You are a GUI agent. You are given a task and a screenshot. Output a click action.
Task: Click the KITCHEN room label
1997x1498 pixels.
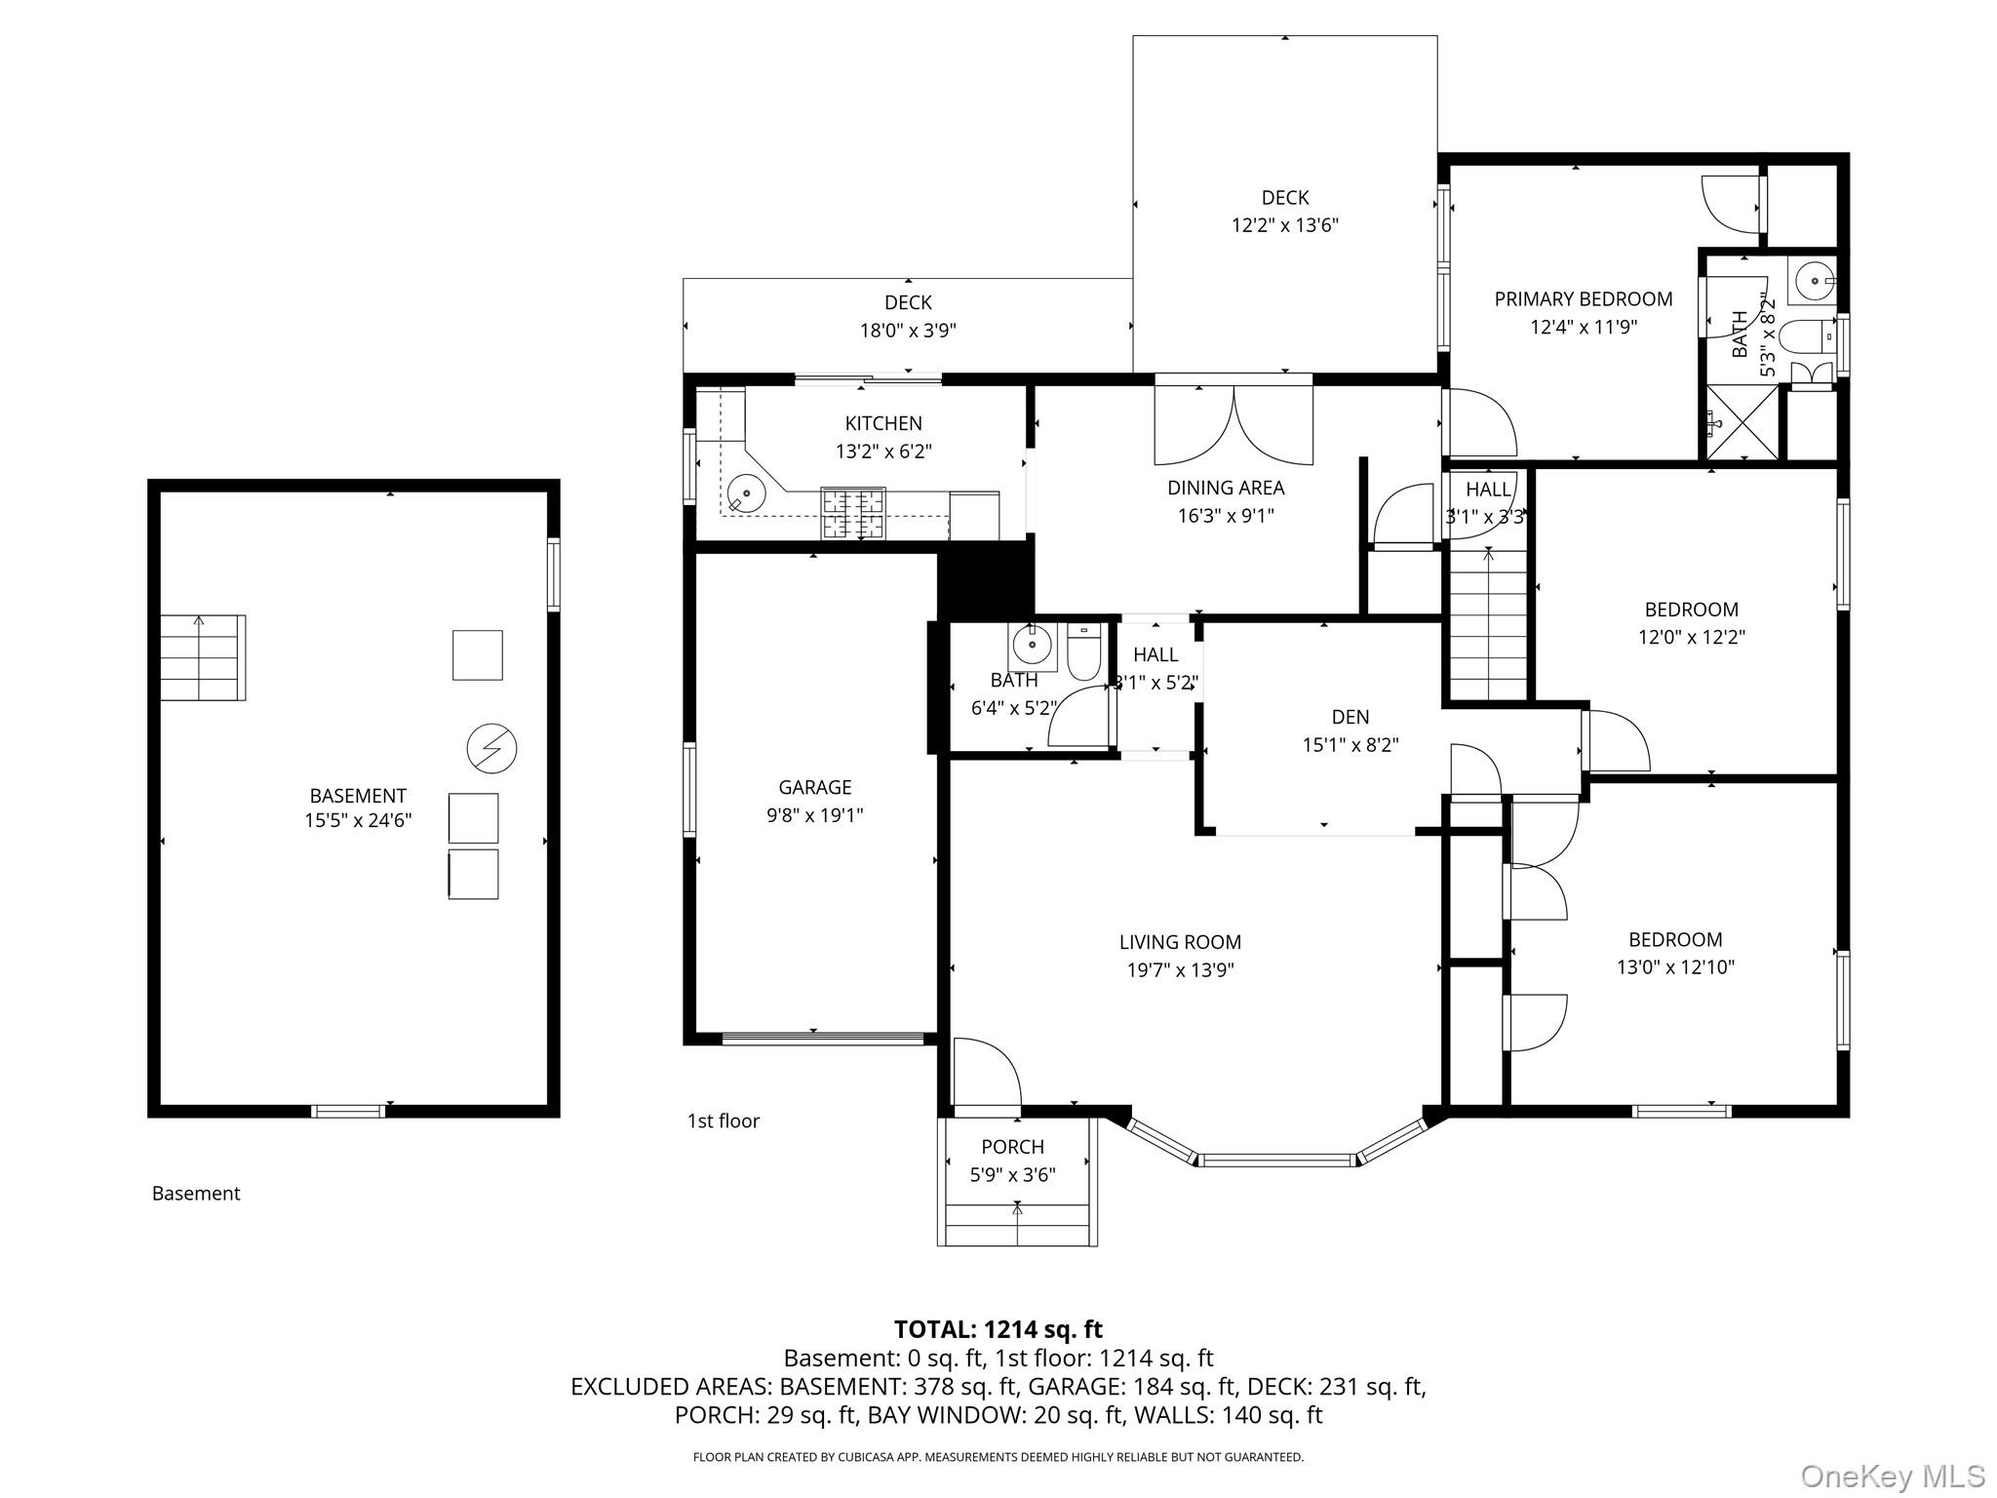882,423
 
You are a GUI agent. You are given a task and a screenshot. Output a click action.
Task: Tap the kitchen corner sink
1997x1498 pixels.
745,493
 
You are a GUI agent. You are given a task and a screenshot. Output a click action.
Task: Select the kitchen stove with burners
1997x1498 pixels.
853,513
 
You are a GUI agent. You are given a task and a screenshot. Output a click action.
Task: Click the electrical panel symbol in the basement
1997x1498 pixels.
491,749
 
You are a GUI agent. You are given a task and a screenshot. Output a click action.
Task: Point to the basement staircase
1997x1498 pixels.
203,657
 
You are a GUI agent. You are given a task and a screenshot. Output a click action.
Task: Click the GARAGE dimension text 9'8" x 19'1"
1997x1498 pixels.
814,815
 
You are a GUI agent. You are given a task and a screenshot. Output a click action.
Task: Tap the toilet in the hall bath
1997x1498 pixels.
1083,650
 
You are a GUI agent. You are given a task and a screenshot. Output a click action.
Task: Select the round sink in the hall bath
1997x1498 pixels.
1031,644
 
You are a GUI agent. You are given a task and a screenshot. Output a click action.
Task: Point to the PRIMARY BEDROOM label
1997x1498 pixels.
1583,299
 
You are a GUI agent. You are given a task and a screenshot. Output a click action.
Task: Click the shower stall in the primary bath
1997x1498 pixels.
1742,421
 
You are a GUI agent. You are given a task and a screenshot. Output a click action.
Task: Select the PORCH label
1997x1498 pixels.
1012,1147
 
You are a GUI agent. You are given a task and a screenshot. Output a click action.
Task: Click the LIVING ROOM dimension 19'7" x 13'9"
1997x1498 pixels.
1180,970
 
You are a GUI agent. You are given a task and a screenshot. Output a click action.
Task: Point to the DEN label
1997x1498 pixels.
1350,717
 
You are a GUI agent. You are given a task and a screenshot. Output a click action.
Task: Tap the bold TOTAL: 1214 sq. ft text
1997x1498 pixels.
998,1329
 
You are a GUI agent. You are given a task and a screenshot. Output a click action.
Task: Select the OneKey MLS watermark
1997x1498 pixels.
1892,1476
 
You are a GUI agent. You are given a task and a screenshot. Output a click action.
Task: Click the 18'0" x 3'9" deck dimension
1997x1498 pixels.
907,331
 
